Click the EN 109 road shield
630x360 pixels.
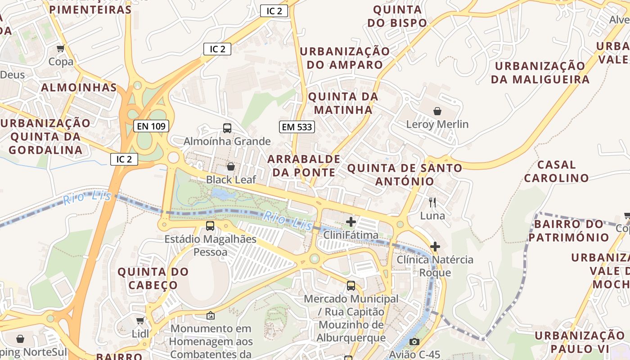tap(151, 126)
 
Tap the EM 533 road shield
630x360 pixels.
tap(297, 127)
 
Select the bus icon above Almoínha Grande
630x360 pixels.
tap(227, 128)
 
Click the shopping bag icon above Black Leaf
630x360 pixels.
tap(231, 166)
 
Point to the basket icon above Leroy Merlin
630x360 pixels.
tap(437, 111)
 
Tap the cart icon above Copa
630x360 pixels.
tap(61, 49)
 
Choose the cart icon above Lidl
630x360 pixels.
tap(140, 321)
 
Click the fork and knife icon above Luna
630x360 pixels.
tap(432, 202)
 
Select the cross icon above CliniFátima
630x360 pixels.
tap(351, 221)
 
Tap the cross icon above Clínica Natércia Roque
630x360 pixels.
tap(435, 247)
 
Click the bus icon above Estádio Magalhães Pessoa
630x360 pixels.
tap(210, 226)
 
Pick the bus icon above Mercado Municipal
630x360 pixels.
tap(351, 285)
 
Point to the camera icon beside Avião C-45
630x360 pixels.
tap(414, 342)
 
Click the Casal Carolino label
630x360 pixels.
tap(556, 171)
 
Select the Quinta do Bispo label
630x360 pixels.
tap(397, 16)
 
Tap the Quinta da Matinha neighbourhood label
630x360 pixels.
tap(343, 103)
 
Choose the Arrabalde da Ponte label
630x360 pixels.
tap(304, 166)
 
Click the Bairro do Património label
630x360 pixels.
tap(568, 230)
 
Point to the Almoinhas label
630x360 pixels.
tap(79, 88)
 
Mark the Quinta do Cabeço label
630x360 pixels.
tap(153, 278)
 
